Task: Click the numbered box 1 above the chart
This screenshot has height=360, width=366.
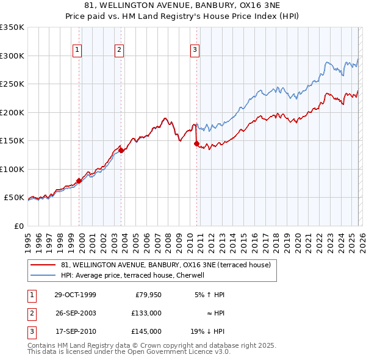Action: [x=78, y=50]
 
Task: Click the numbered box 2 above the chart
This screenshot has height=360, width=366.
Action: [x=120, y=50]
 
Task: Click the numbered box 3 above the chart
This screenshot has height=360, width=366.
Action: [x=195, y=50]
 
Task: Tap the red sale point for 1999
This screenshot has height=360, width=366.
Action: [x=79, y=181]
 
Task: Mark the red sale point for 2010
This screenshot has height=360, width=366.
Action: [x=196, y=143]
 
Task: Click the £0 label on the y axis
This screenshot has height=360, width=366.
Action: [x=18, y=226]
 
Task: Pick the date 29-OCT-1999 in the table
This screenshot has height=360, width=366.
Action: [x=75, y=295]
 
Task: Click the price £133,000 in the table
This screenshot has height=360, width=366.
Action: [x=146, y=313]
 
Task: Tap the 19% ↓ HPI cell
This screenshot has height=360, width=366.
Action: [x=207, y=331]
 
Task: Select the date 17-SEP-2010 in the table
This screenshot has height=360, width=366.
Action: [x=75, y=331]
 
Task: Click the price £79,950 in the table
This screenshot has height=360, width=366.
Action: [x=148, y=295]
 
